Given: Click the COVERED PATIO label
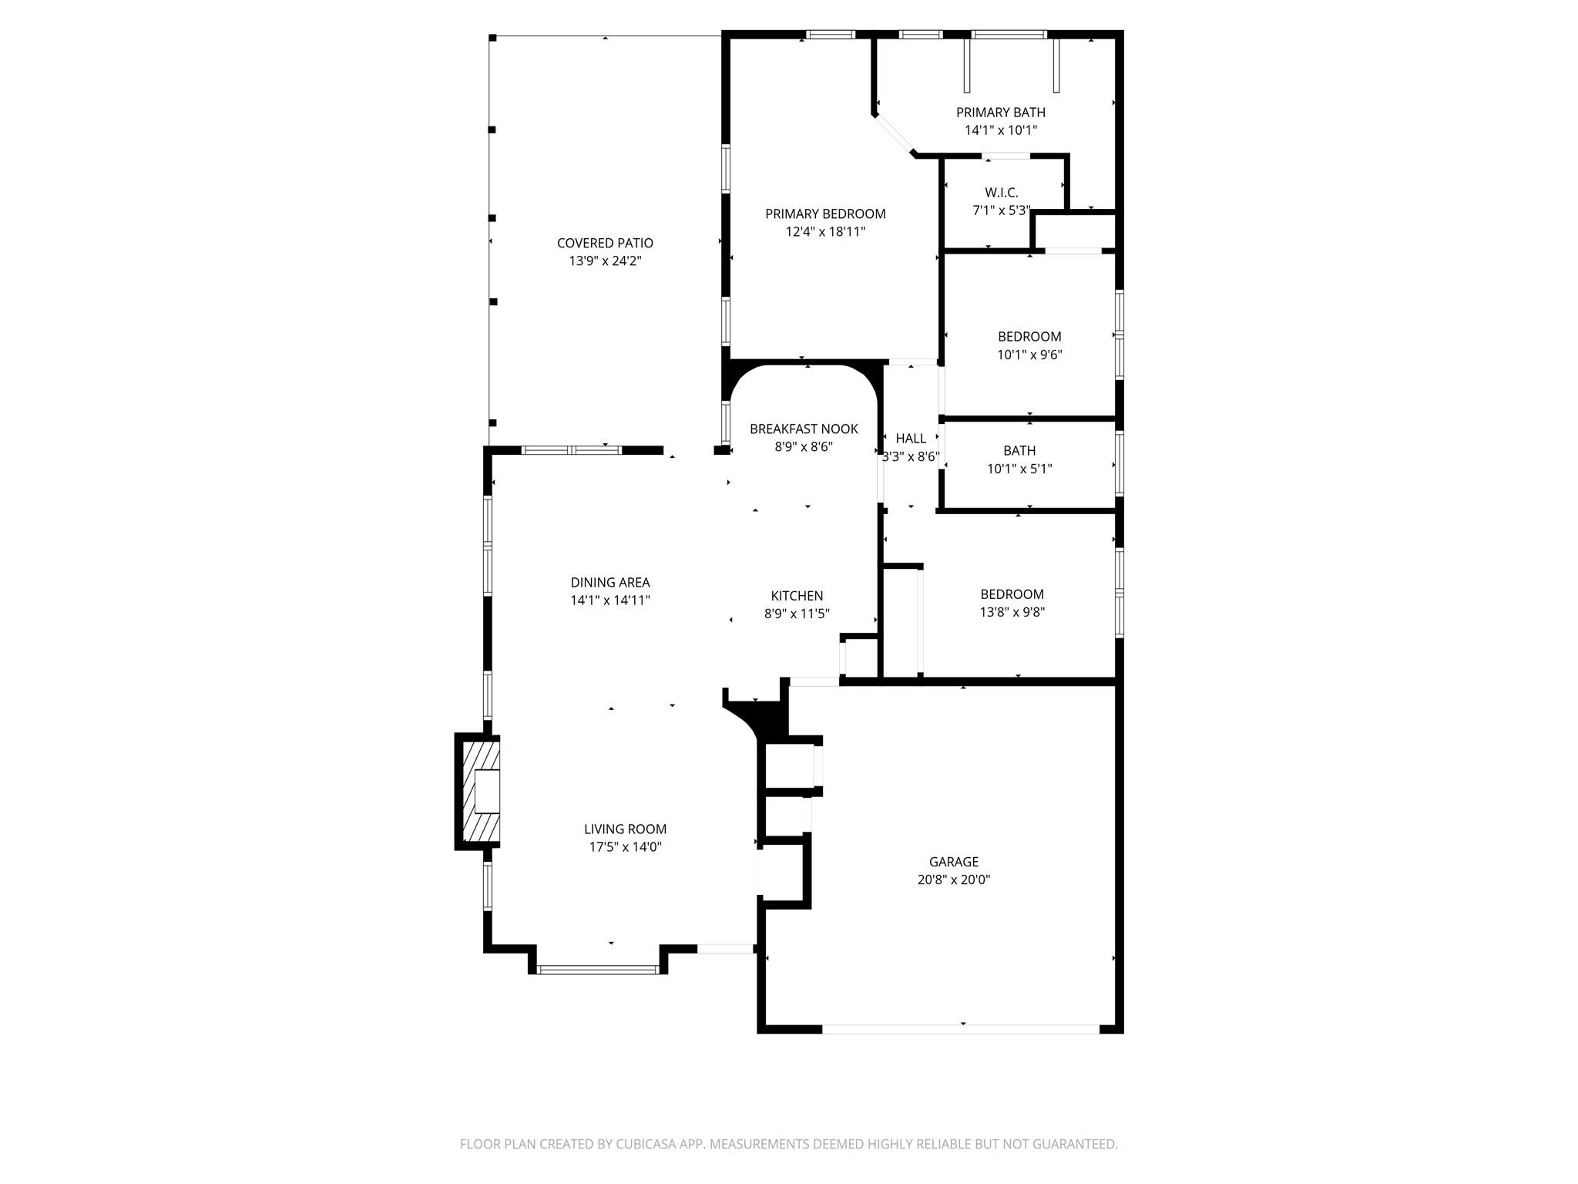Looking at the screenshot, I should [x=605, y=243].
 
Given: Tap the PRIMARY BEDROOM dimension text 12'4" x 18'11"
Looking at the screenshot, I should [x=825, y=231].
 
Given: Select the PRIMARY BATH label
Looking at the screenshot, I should [x=1000, y=113].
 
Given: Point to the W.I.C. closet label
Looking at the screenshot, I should [x=1001, y=193].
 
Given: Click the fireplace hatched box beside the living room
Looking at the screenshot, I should [x=479, y=791].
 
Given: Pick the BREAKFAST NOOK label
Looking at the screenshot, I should [x=804, y=429].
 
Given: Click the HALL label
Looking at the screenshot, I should [x=911, y=439].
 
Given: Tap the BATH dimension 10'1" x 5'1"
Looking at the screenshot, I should [x=1019, y=469].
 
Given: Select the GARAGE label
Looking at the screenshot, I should [x=953, y=862].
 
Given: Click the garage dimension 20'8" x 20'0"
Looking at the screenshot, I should [x=953, y=880].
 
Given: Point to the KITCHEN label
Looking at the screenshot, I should [x=797, y=596].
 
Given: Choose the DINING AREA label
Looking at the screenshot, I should [x=610, y=583].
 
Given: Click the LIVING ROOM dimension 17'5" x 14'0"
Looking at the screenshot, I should [x=625, y=847].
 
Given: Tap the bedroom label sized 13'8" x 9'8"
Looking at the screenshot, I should [x=1012, y=594].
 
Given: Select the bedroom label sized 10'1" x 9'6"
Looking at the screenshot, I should [x=1029, y=337].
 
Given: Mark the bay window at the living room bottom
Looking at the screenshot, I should [x=598, y=970].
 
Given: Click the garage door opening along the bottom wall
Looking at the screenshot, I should [x=961, y=1029].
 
